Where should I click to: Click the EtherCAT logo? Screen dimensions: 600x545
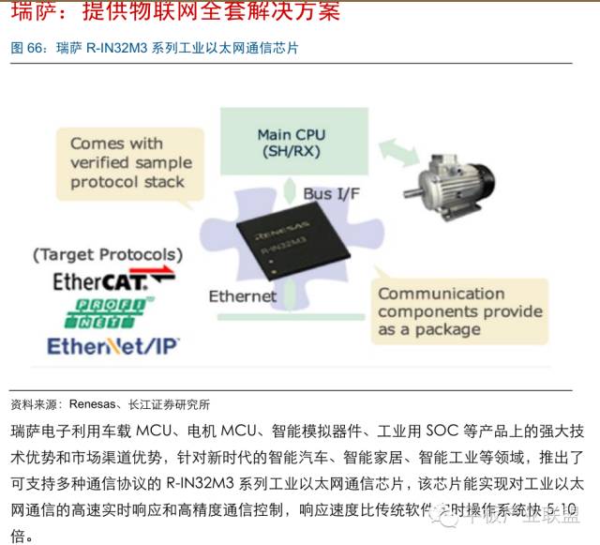tap(103, 280)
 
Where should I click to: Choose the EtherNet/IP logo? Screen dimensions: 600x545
tap(113, 345)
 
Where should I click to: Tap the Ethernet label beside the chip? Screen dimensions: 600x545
tap(242, 295)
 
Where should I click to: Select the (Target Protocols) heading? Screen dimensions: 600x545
tap(107, 254)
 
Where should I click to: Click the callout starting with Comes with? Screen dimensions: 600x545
tap(129, 161)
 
